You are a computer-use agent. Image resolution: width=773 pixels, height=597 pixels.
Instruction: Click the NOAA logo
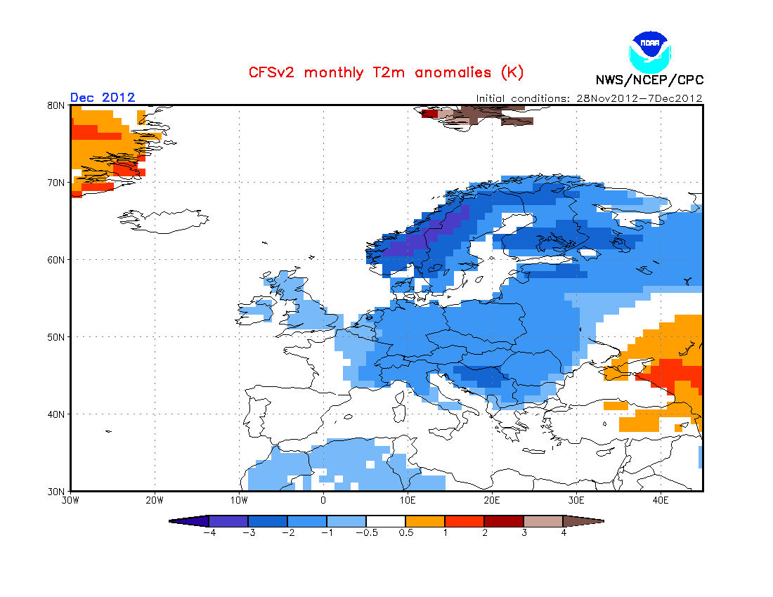coord(650,52)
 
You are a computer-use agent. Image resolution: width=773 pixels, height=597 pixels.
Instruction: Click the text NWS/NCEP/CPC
coord(649,80)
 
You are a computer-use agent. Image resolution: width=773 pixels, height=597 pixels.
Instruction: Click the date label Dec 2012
coord(103,98)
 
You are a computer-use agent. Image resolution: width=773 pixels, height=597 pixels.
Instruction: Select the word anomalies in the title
coord(453,73)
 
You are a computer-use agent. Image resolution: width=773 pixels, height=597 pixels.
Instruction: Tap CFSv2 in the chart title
coord(272,73)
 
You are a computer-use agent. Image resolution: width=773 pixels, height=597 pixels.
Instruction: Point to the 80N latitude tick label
coord(56,105)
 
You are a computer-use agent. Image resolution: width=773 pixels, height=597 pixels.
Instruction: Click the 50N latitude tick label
coord(56,337)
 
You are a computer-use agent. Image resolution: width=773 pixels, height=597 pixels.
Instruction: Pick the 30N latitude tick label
coord(56,492)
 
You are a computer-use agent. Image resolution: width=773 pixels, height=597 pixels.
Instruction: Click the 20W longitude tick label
coord(155,501)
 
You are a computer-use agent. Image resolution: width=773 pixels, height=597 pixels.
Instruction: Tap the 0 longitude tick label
coord(323,501)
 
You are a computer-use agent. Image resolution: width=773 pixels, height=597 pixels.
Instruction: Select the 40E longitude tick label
coord(661,501)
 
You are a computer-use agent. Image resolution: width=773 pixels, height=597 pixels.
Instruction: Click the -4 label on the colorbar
coord(209,532)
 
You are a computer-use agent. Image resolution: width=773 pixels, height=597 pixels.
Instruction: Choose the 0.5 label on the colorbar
coord(405,532)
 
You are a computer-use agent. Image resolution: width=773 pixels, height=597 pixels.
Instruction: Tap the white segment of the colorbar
coord(386,521)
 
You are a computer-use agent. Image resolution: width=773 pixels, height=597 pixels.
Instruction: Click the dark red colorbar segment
coord(504,521)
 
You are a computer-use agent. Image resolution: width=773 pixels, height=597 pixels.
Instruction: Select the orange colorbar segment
coord(425,521)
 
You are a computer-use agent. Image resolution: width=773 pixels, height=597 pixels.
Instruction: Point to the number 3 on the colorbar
coord(524,532)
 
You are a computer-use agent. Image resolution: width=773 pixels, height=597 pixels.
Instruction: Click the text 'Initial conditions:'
coord(523,98)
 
